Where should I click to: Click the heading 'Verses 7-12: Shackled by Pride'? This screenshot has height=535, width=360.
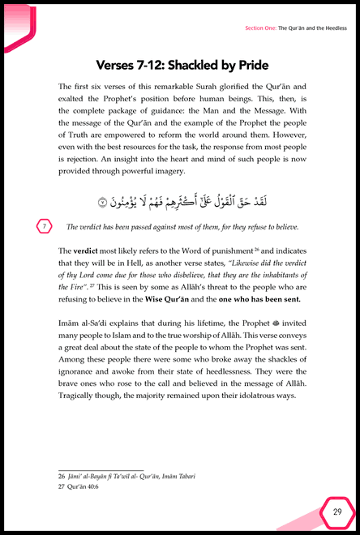tap(180, 65)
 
